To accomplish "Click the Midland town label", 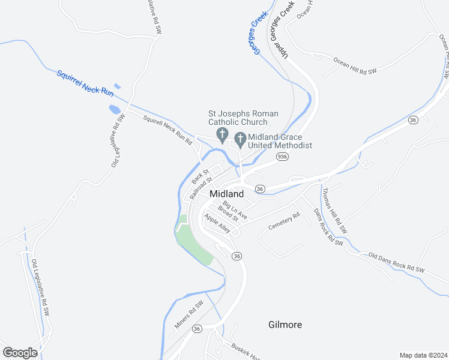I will pyautogui.click(x=227, y=194).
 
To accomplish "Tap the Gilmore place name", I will pyautogui.click(x=285, y=325).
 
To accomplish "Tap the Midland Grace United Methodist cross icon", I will pyautogui.click(x=240, y=140).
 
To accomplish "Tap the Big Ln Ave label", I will pyautogui.click(x=235, y=210).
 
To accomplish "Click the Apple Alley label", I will pyautogui.click(x=217, y=223).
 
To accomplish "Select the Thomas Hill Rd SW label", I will pyautogui.click(x=334, y=211).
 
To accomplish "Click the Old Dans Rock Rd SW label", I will pyautogui.click(x=396, y=262).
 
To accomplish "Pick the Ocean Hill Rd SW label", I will pyautogui.click(x=355, y=66).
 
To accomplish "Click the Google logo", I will pyautogui.click(x=20, y=352).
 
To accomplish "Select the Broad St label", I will pyautogui.click(x=228, y=217).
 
